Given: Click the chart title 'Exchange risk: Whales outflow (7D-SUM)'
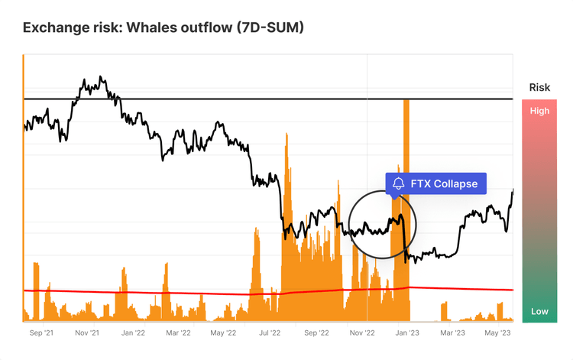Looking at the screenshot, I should pos(163,28).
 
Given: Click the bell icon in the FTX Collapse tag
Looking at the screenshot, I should pos(399,183).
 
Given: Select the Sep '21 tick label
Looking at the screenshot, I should pos(41,333).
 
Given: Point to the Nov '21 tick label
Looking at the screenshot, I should pos(87,333).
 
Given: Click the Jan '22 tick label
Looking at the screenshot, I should pos(133,333).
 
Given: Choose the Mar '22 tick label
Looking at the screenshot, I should pos(178,333).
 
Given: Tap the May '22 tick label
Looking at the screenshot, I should pos(225,333).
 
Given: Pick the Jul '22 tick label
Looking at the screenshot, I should pos(270,333).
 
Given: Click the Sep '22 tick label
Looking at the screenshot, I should pos(316,333).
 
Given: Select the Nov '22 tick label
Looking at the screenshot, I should pos(361,333).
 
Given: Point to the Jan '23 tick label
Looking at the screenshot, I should pos(406,333).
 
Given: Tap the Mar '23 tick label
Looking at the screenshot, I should pos(453,333).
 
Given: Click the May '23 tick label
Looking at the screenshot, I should pos(498,333).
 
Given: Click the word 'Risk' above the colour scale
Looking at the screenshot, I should pos(539,88).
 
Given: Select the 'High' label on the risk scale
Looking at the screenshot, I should pos(539,111).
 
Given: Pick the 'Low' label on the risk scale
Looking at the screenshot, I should pos(539,311).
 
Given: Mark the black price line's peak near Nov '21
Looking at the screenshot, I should pos(102,77).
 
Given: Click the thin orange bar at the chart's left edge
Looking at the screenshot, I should pos(24,191).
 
